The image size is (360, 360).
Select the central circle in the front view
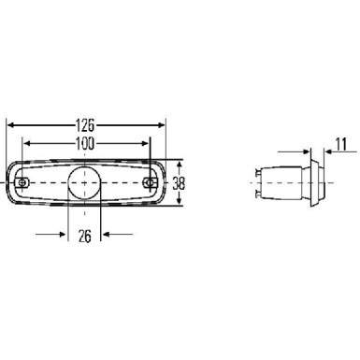point(86,180)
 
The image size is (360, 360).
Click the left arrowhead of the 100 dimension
point(27,143)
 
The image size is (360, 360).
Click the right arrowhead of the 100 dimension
point(146,143)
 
